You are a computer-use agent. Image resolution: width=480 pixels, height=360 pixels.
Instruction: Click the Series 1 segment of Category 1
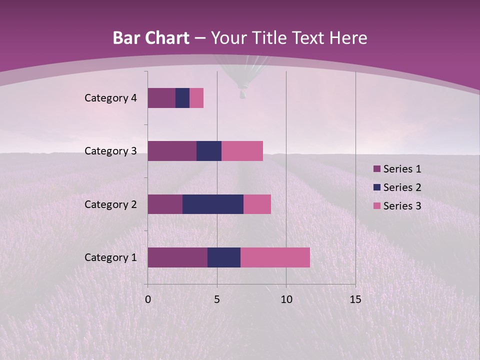coord(177,257)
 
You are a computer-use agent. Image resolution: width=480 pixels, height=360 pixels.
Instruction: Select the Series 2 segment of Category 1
coord(224,257)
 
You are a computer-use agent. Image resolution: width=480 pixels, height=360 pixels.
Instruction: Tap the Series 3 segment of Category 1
coord(275,257)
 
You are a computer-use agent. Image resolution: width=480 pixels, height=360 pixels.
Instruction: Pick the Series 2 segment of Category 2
coord(213,204)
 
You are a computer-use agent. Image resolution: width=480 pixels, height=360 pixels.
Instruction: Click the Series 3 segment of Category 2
coord(257,204)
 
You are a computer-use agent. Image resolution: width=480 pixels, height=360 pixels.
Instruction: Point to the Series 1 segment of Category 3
coord(172,151)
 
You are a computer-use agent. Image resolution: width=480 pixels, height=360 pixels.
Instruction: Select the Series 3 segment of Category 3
coord(242,151)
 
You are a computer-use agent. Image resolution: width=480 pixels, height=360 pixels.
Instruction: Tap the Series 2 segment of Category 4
coord(182,98)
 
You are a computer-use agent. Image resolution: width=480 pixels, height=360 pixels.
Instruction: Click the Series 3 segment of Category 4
coord(196,98)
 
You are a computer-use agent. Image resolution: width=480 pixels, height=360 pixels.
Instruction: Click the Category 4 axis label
coord(110,98)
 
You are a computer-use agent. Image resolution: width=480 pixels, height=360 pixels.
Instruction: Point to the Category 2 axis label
coord(110,204)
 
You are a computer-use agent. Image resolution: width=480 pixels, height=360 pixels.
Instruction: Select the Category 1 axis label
coord(110,257)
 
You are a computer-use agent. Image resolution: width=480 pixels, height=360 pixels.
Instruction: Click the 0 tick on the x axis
coord(148,299)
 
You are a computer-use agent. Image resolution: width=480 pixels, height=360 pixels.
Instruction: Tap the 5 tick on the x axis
coord(217,299)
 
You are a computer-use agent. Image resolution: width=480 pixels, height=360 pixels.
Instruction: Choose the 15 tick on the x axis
coord(355,299)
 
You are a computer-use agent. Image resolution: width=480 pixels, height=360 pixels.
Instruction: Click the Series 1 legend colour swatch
coord(376,169)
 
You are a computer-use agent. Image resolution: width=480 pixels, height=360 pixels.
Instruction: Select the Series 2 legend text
coord(402,187)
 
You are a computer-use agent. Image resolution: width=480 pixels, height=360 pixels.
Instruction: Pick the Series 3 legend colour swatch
coord(376,206)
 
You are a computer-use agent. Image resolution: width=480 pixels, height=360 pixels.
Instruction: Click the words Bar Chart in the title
coord(150,38)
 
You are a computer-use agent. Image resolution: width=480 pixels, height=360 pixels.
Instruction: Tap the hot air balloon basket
coord(243,93)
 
